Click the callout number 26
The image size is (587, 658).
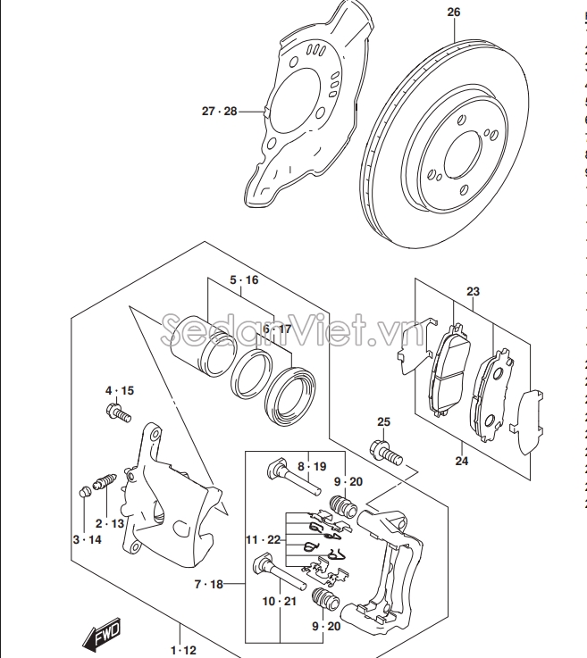tap(453, 12)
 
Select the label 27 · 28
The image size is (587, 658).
tap(219, 112)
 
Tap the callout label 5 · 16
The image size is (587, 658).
tap(243, 280)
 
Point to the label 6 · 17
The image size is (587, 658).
tap(276, 329)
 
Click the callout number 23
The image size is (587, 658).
tap(473, 291)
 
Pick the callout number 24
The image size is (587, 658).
tap(461, 462)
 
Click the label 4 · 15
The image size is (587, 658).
tap(119, 391)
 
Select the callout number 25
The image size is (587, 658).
tap(383, 421)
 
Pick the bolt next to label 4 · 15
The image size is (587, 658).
tap(118, 412)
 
